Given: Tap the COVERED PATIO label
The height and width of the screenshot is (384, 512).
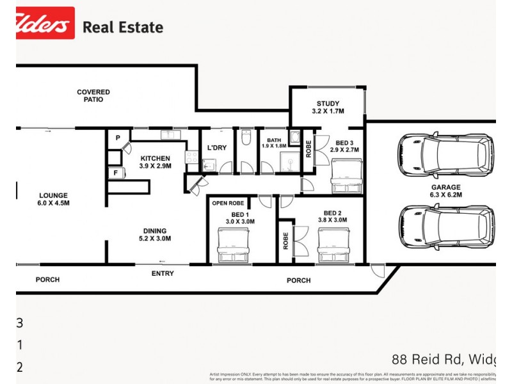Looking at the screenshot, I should point(93,96).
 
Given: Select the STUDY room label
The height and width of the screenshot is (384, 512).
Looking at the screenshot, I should point(328,108).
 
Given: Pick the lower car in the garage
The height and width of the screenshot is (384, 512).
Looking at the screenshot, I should point(445,228).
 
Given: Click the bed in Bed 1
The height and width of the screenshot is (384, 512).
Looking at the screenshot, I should point(232,246).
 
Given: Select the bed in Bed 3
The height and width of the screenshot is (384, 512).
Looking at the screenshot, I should point(346,175).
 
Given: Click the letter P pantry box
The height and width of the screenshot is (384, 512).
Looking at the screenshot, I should point(118,138).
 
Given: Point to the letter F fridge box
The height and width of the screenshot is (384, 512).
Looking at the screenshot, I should point(116,172).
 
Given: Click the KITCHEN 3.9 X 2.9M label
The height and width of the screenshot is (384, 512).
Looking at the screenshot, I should point(156,163).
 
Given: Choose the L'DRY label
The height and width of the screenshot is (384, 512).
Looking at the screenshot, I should point(217,148).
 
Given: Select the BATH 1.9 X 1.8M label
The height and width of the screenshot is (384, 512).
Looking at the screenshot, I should point(275,143).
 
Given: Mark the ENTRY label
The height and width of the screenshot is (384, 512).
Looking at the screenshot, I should point(162,273).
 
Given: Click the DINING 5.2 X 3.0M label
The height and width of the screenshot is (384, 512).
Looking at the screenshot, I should point(155,235).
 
